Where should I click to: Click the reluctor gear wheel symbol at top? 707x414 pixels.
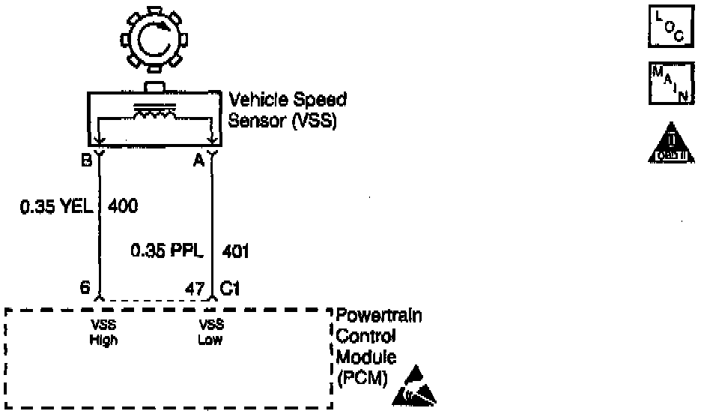click(x=153, y=42)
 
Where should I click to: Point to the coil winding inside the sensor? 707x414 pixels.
click(x=155, y=112)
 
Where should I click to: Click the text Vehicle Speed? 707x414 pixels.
click(x=287, y=100)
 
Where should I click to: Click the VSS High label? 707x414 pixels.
click(x=103, y=332)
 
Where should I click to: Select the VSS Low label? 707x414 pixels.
click(x=210, y=332)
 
